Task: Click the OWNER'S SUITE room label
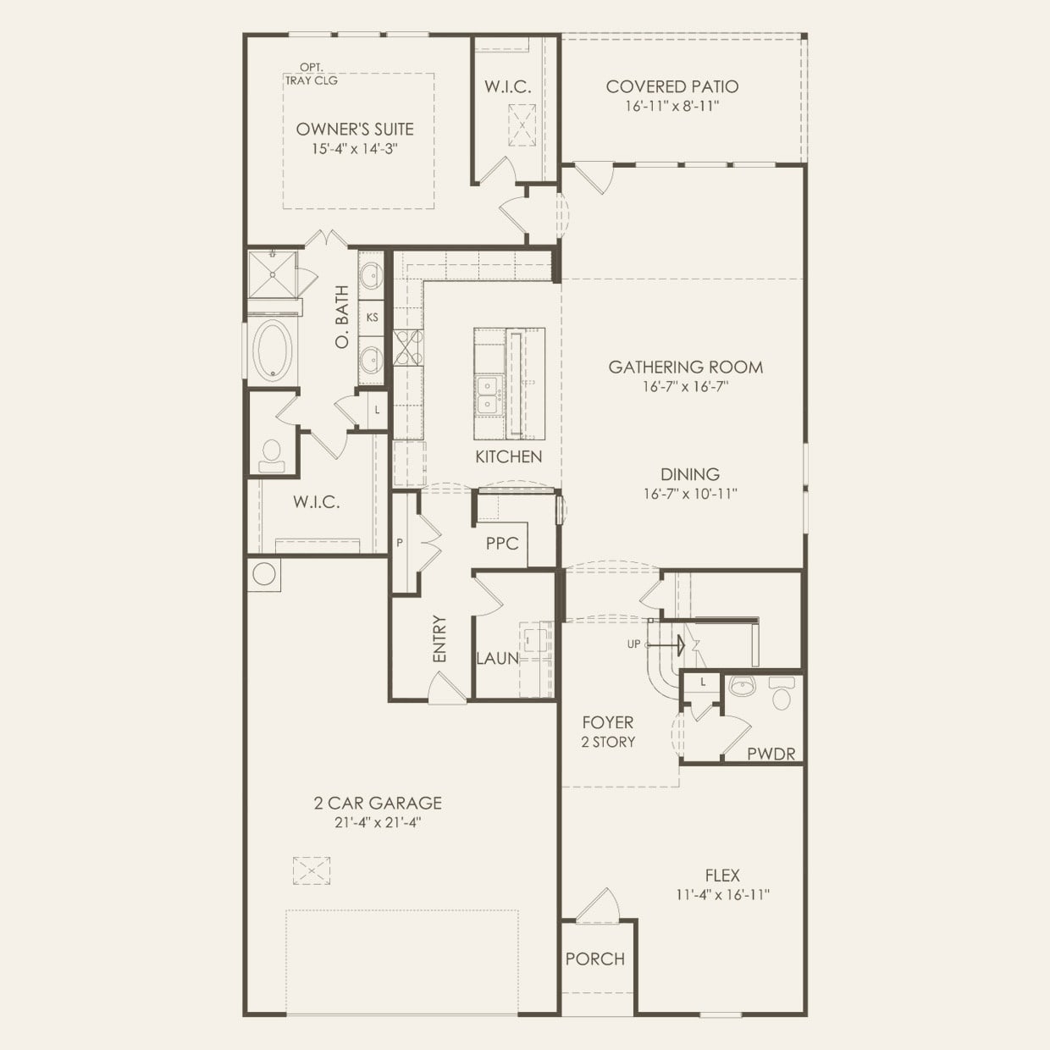tap(355, 130)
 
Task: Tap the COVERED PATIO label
tap(671, 86)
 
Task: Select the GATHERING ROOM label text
tap(685, 367)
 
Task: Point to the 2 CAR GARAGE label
tap(378, 803)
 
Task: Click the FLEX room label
tap(722, 876)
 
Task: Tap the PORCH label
tap(594, 959)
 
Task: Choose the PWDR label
tap(771, 753)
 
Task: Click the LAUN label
tap(497, 658)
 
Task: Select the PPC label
tap(501, 544)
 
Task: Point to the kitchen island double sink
tap(488, 395)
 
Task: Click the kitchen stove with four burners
tap(407, 347)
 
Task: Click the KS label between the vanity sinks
tap(372, 318)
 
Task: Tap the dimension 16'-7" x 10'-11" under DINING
tap(690, 494)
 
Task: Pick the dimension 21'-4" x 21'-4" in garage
tap(378, 822)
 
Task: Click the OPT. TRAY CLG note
tap(311, 75)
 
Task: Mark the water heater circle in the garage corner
tap(263, 574)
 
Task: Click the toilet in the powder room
tap(780, 694)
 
